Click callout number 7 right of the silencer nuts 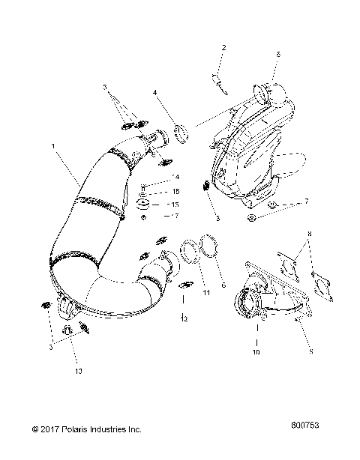pos(306,202)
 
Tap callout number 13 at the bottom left pos(78,371)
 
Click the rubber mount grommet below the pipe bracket pos(142,205)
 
